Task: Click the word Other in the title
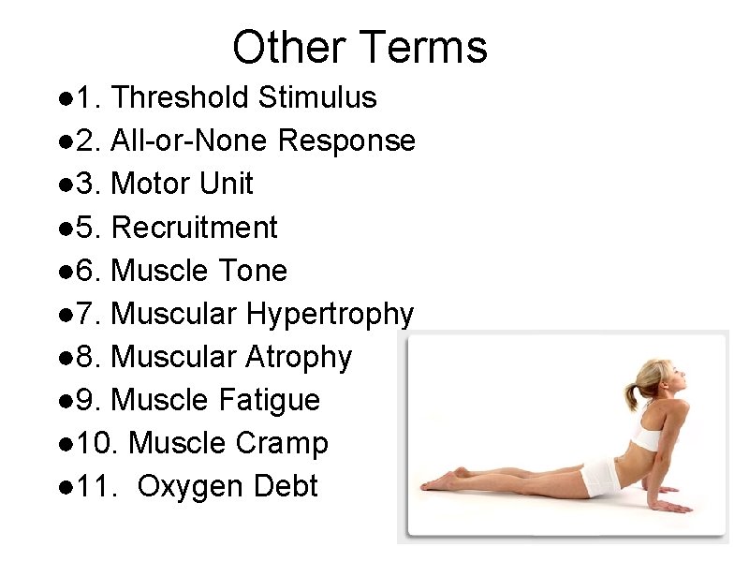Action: [x=289, y=47]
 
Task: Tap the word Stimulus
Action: [x=317, y=97]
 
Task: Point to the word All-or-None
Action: [x=191, y=140]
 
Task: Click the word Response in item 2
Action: [x=347, y=140]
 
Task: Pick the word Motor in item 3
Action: [x=149, y=184]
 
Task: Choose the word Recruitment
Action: [x=194, y=228]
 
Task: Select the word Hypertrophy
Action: [x=330, y=315]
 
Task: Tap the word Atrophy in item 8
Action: [x=299, y=358]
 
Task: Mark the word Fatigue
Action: [x=270, y=401]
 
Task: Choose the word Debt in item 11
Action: [x=287, y=487]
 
